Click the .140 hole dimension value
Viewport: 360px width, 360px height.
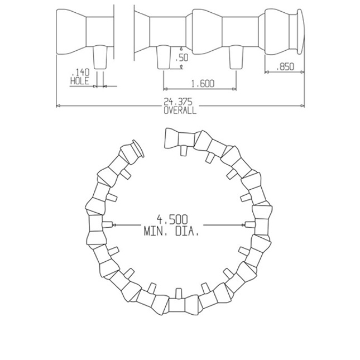tap(81, 73)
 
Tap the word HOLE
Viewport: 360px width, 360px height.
tap(80, 81)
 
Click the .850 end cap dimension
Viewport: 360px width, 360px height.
tap(285, 66)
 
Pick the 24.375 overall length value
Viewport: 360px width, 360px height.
tap(179, 102)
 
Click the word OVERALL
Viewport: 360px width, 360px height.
tap(180, 111)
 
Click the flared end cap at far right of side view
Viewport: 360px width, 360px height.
tap(300, 32)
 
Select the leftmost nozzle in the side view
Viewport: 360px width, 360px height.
tap(101, 56)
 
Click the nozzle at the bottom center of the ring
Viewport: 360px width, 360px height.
tap(179, 294)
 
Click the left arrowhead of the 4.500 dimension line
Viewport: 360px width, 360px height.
tap(114, 225)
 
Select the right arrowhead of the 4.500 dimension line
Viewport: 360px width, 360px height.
tap(244, 225)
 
